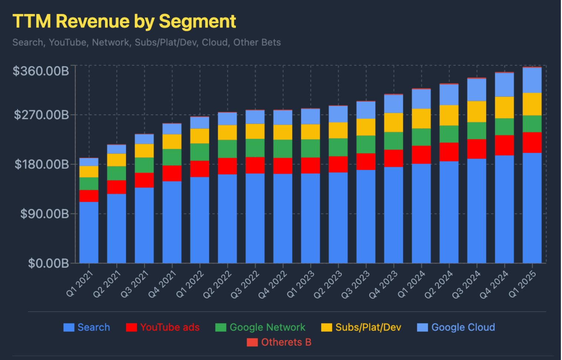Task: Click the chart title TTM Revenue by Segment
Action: (124, 21)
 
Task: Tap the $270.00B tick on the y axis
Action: (42, 115)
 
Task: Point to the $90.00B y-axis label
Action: (45, 214)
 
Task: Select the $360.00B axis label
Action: (41, 71)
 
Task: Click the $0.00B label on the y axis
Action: (49, 263)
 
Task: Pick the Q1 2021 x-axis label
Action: (79, 284)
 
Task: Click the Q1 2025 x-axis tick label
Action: (522, 284)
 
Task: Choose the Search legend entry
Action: (87, 327)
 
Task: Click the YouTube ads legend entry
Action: (163, 327)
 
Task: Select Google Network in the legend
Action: (260, 327)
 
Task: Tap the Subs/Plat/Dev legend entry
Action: (361, 327)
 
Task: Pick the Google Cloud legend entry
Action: (456, 327)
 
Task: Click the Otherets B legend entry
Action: (279, 342)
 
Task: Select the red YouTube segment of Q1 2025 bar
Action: (532, 143)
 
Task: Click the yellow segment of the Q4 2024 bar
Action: (504, 108)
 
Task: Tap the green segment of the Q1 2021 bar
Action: (89, 184)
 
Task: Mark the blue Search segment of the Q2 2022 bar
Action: (227, 219)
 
